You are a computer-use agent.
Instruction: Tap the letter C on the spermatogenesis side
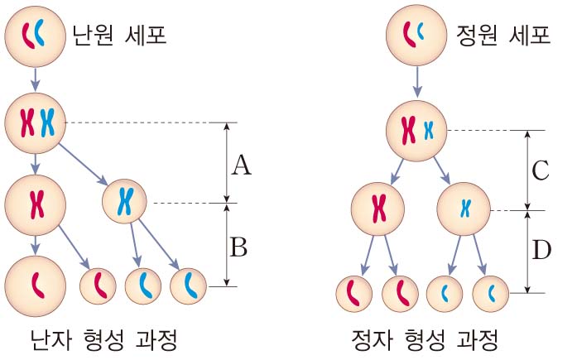pos(540,170)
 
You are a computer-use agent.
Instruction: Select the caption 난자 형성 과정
pos(103,339)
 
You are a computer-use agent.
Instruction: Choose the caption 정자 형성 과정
pos(426,339)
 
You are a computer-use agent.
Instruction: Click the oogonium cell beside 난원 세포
pos(34,34)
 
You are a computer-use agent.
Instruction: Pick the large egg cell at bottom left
pos(36,285)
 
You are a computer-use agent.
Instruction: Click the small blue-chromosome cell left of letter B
pos(188,286)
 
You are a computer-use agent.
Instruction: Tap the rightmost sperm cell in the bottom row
pos(489,292)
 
